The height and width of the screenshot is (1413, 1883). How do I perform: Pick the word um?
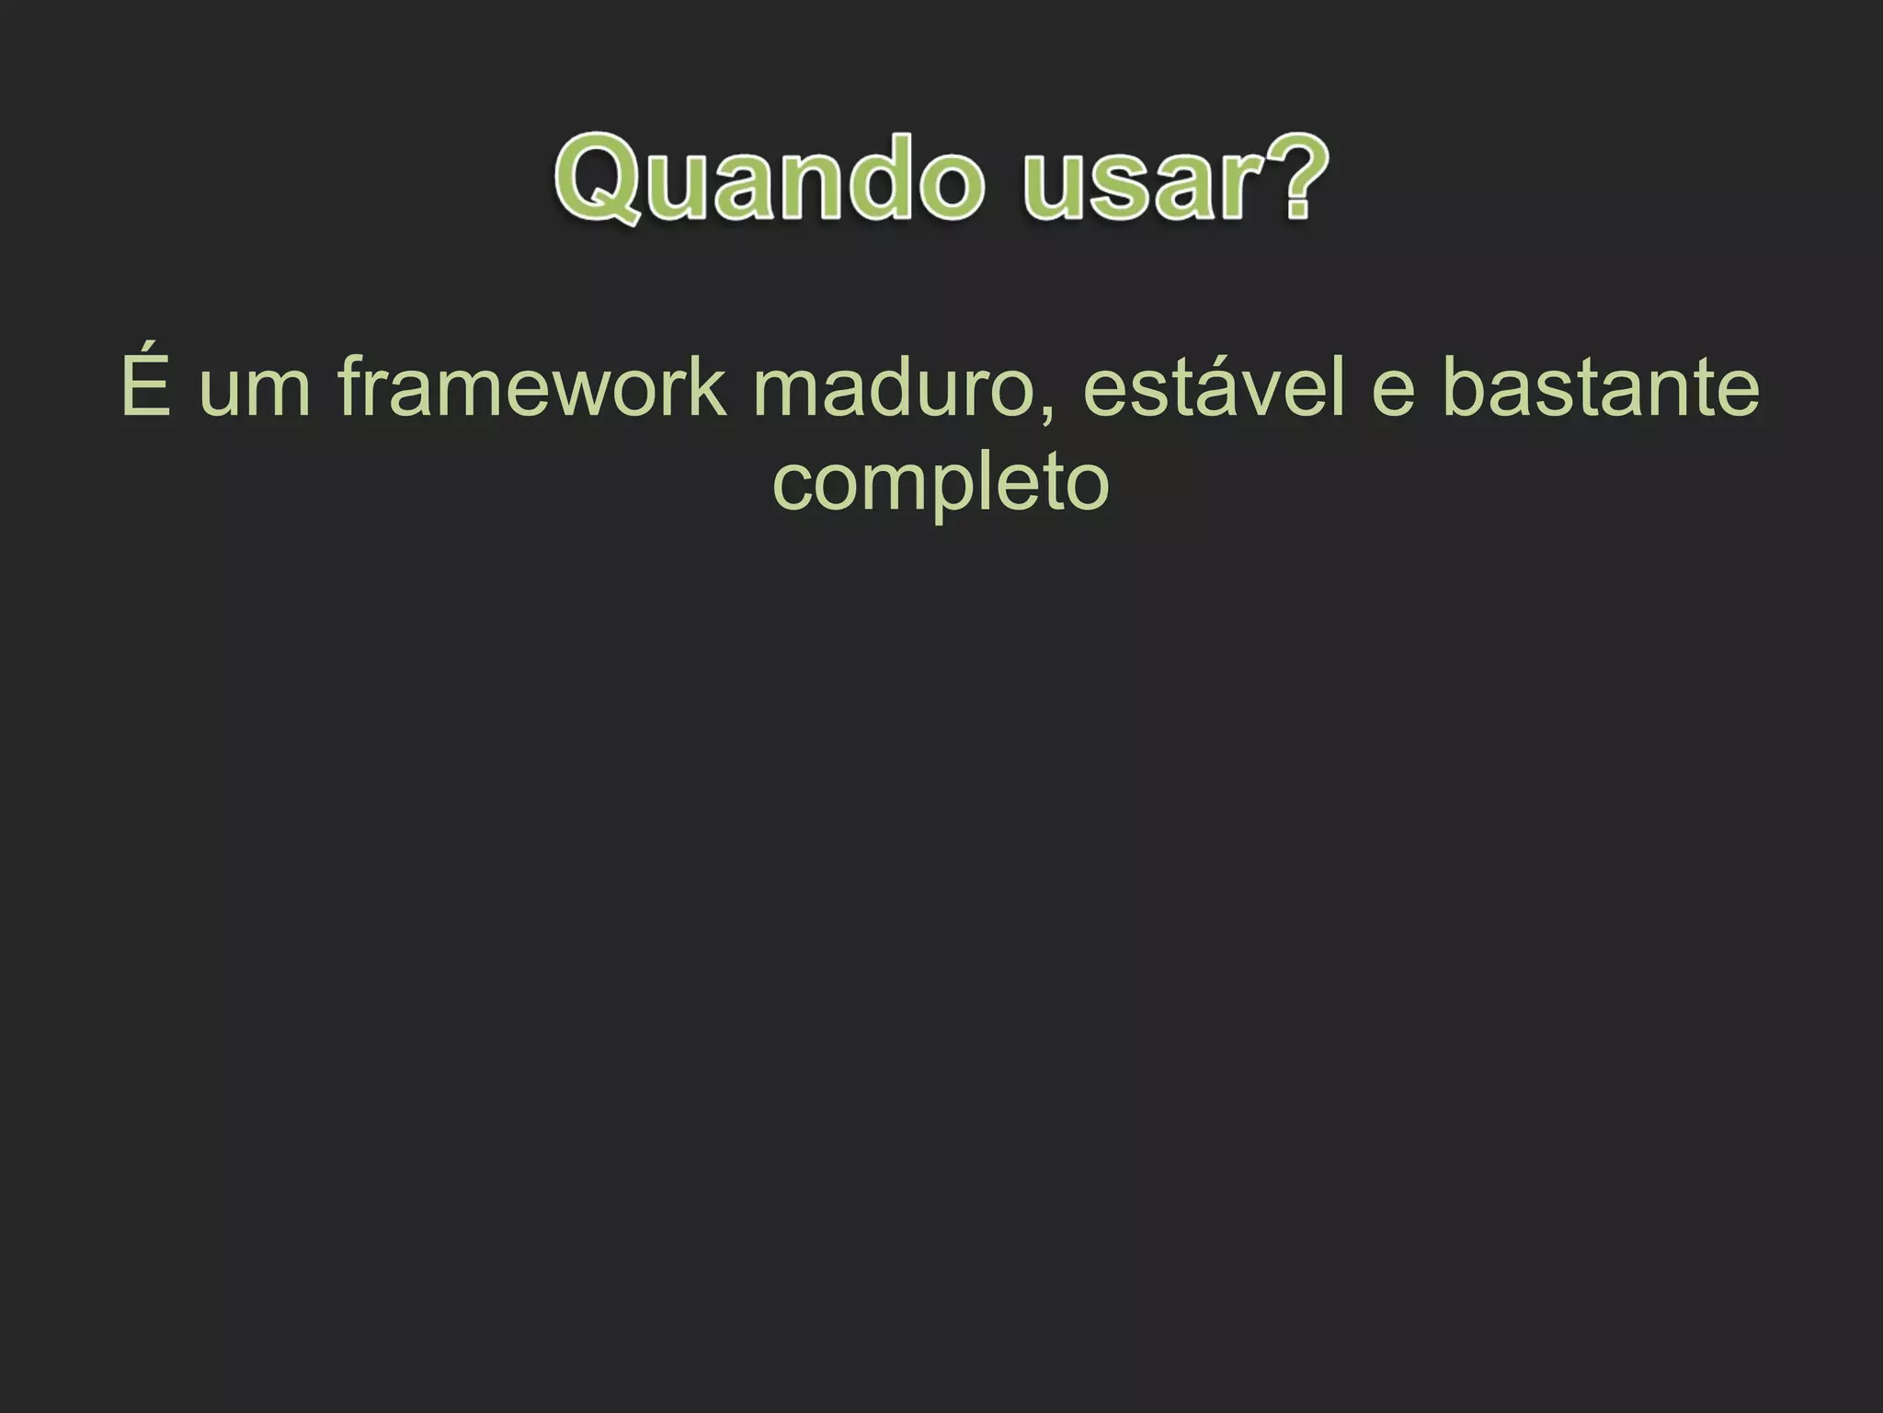[x=255, y=390]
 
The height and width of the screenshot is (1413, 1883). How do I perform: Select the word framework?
[x=532, y=386]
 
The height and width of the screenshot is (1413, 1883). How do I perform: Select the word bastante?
[x=1601, y=386]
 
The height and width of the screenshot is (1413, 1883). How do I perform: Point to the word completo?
[x=941, y=485]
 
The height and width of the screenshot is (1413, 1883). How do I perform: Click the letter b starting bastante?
[x=1464, y=386]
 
